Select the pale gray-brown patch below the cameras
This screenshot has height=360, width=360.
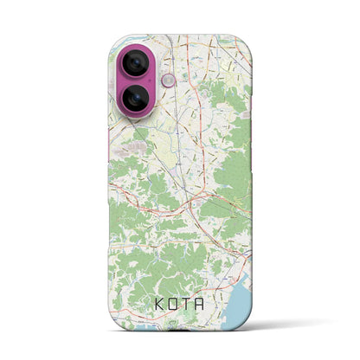coord(138,149)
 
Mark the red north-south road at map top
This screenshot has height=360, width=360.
coord(183,61)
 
